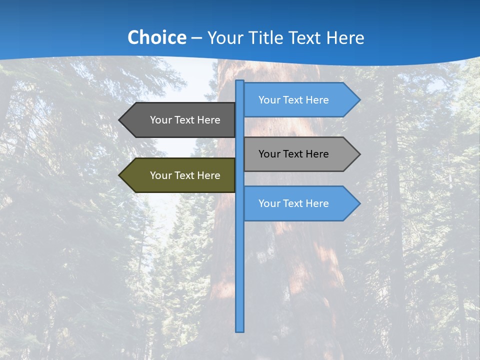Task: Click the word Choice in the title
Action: (156, 37)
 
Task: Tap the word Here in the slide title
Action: (345, 37)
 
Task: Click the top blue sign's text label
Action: (293, 100)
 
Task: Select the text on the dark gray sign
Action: (185, 120)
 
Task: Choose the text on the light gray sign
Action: (293, 154)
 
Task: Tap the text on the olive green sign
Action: (185, 175)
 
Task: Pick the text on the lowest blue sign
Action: (293, 203)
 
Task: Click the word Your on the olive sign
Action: (160, 175)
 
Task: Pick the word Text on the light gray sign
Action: (293, 154)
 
